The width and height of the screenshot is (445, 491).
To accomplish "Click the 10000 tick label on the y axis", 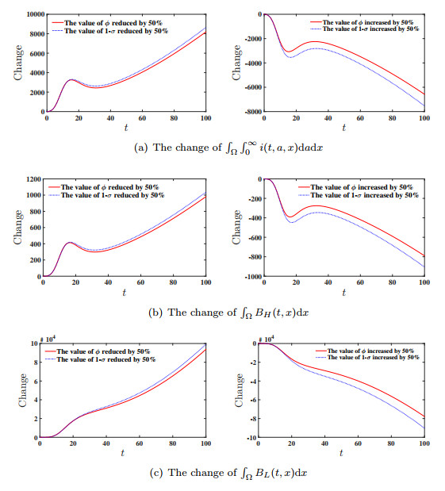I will pyautogui.click(x=33, y=14).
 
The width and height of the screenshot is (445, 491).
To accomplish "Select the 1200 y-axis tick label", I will pyautogui.click(x=34, y=179).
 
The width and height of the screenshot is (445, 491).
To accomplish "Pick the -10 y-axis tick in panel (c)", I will pyautogui.click(x=255, y=438).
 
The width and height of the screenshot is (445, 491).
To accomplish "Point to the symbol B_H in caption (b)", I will pyautogui.click(x=251, y=311).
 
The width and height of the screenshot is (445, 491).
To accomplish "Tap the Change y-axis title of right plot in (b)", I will pyautogui.click(x=236, y=228).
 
